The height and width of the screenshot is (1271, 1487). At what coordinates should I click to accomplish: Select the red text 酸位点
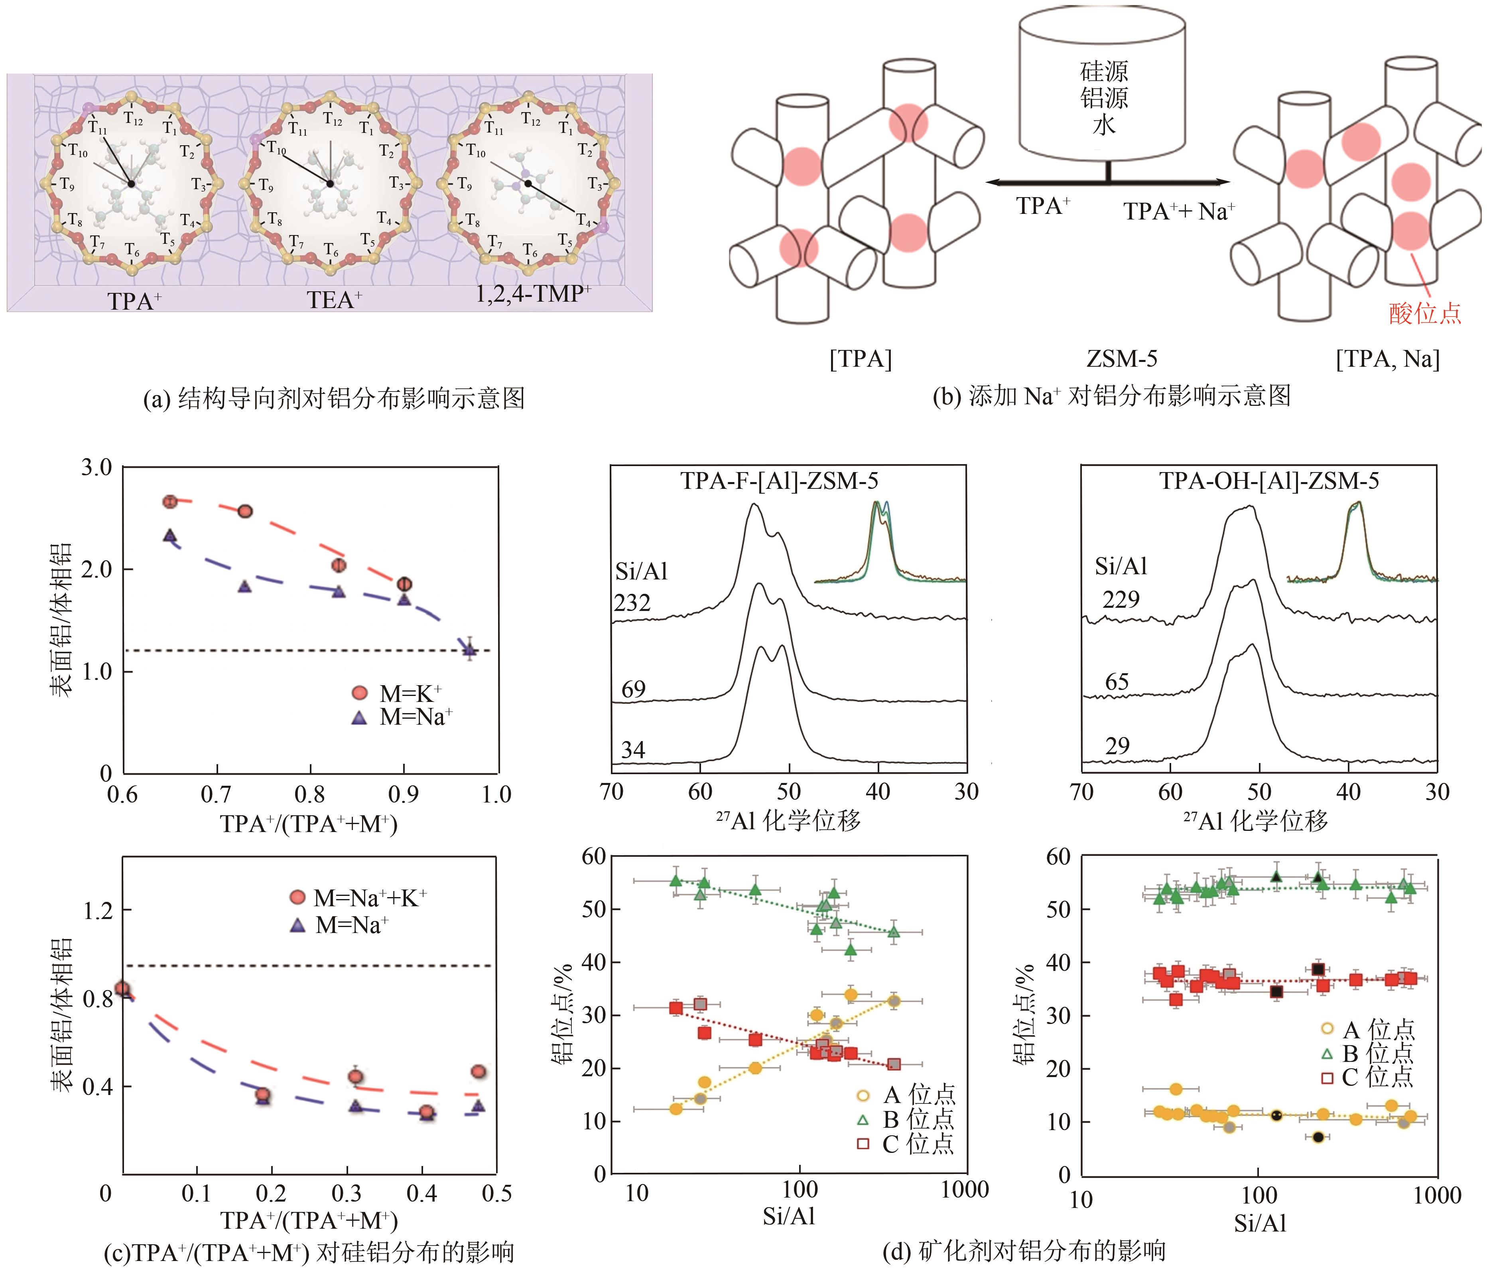pyautogui.click(x=1424, y=313)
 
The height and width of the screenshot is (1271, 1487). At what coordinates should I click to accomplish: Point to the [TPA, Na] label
pyautogui.click(x=1387, y=358)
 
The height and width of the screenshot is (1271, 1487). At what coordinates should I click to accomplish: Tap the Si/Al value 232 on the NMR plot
pyautogui.click(x=632, y=603)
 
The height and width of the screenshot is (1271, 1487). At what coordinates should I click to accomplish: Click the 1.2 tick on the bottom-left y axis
pyautogui.click(x=98, y=911)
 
